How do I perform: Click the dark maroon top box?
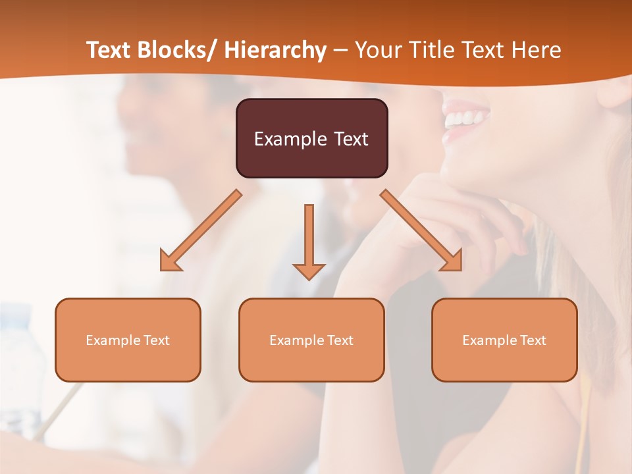point(311,138)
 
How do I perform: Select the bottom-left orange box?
point(128,340)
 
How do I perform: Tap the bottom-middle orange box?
point(311,340)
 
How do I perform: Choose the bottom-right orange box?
point(504,340)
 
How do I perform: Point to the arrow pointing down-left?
point(200,231)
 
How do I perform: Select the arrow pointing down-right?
point(421,230)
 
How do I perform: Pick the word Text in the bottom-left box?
point(157,340)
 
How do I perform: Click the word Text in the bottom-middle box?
point(340,340)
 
